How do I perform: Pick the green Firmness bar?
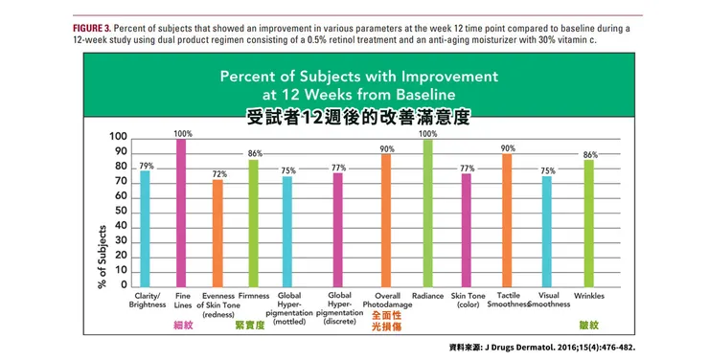pos(253,222)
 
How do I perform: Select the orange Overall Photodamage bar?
pos(386,219)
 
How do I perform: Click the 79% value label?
pos(146,166)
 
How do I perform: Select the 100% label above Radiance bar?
pos(427,134)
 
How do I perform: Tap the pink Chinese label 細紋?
pos(181,326)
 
